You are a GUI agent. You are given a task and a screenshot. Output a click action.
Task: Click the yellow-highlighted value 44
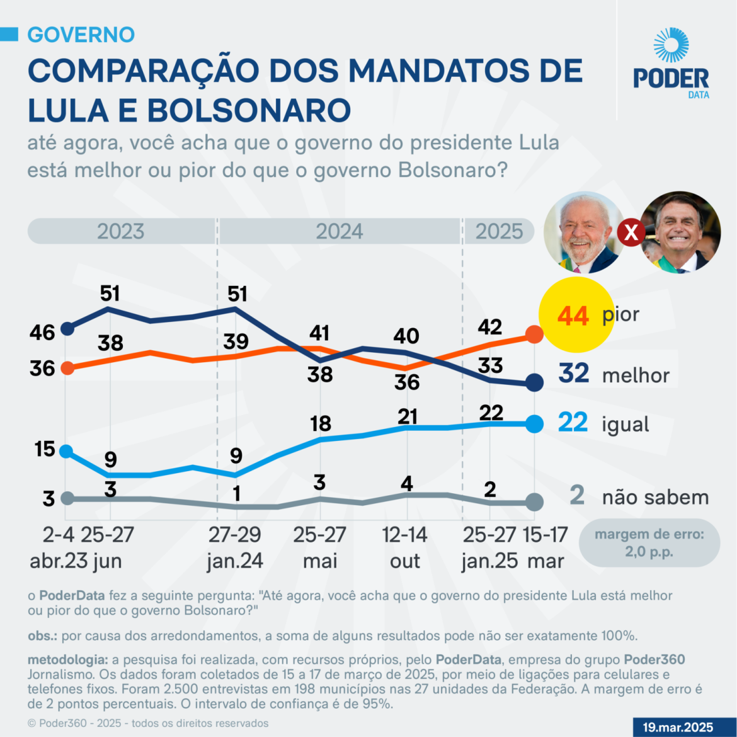(x=573, y=316)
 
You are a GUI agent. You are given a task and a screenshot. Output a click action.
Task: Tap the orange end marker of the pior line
(x=534, y=334)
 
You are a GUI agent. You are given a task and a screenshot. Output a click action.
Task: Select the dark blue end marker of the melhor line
(x=534, y=382)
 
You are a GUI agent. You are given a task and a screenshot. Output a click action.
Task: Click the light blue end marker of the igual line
(x=534, y=424)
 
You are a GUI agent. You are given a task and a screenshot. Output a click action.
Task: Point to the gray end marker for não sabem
(x=534, y=502)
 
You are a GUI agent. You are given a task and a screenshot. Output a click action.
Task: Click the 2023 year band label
(x=120, y=231)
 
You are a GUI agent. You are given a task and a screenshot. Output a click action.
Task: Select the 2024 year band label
(x=339, y=231)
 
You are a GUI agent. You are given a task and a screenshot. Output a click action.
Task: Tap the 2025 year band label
(x=499, y=231)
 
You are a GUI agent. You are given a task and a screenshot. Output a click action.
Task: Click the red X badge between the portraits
(x=631, y=234)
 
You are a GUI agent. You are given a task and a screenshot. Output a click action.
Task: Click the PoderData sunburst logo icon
(x=671, y=46)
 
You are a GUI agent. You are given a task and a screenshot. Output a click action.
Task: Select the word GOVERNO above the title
(x=81, y=35)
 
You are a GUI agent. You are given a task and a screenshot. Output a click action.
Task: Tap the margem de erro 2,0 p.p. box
(x=649, y=543)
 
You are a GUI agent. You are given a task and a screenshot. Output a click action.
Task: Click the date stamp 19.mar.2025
(x=678, y=727)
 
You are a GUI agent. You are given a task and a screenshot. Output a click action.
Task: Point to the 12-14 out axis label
(x=405, y=547)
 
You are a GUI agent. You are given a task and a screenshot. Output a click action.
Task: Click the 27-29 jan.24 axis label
(x=235, y=547)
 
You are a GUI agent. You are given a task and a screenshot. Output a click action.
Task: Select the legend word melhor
(x=636, y=375)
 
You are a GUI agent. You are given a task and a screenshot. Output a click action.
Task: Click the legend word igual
(x=625, y=424)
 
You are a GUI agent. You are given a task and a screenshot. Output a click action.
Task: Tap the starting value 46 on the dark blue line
(x=42, y=332)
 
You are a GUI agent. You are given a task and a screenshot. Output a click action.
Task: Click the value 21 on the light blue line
(x=408, y=416)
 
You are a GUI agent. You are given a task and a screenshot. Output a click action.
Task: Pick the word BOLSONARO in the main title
(x=249, y=110)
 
